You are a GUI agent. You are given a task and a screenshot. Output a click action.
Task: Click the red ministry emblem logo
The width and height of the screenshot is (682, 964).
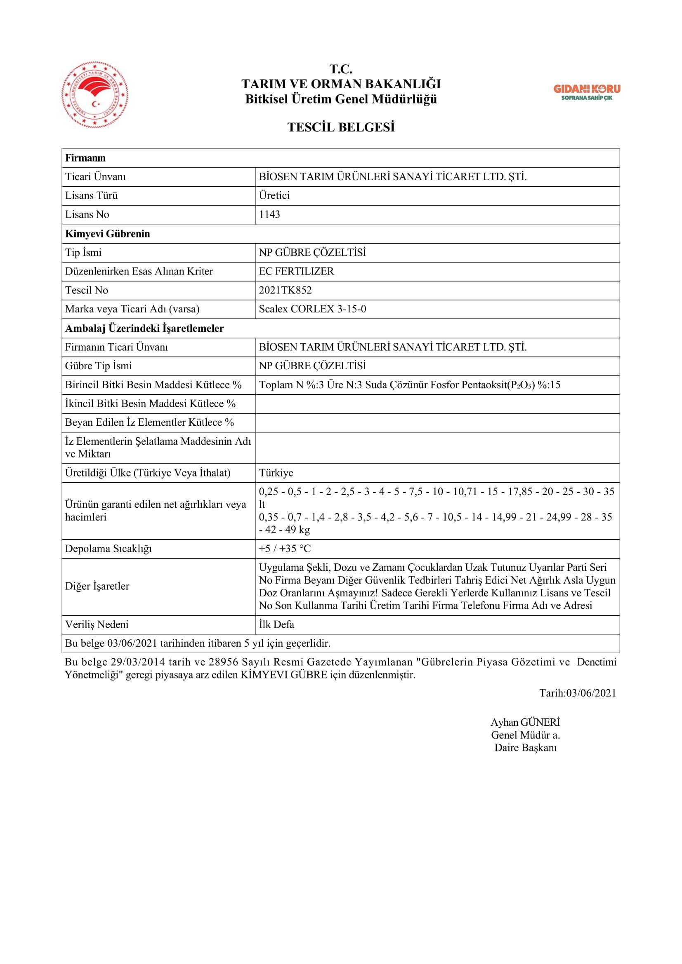click(x=95, y=94)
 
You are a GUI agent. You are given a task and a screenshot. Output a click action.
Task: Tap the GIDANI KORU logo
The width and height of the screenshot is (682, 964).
click(x=587, y=92)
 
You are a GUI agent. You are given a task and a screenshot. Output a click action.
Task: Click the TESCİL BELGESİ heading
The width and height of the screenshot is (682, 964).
click(x=341, y=127)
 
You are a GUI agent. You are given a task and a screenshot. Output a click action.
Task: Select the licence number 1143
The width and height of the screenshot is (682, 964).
click(x=269, y=215)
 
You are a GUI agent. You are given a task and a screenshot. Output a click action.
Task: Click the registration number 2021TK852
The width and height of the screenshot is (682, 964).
click(x=286, y=290)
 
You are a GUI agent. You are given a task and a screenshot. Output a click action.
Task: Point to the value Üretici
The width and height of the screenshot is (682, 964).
click(x=274, y=196)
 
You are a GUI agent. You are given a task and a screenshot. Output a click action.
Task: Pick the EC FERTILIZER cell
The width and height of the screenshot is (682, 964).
click(x=296, y=271)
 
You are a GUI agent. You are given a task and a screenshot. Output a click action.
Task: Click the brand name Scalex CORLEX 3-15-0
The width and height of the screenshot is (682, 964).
click(x=312, y=309)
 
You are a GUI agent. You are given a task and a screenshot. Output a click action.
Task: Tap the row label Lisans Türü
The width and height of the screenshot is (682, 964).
click(x=91, y=196)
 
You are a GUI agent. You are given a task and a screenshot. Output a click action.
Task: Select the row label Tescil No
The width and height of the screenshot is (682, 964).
click(x=87, y=290)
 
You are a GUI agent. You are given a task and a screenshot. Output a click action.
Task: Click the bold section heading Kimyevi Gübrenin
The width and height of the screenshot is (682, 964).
click(x=108, y=234)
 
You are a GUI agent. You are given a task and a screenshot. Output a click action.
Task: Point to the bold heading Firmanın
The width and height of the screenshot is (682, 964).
click(x=85, y=158)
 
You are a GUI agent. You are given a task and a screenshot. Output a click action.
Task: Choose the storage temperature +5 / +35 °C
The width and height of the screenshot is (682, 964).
click(x=285, y=549)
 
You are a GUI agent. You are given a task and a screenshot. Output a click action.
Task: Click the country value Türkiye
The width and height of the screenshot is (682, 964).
click(x=276, y=473)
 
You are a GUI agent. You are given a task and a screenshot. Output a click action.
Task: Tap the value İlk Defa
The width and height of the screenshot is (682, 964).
click(x=276, y=624)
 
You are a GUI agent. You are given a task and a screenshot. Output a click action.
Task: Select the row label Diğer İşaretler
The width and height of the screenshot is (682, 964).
click(x=97, y=586)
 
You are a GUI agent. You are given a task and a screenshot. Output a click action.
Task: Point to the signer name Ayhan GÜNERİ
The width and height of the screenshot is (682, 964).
click(x=525, y=722)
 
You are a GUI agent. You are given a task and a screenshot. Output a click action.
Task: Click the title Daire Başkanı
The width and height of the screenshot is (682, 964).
click(x=525, y=747)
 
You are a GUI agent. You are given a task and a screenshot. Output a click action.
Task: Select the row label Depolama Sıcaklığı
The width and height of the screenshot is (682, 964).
click(x=109, y=549)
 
